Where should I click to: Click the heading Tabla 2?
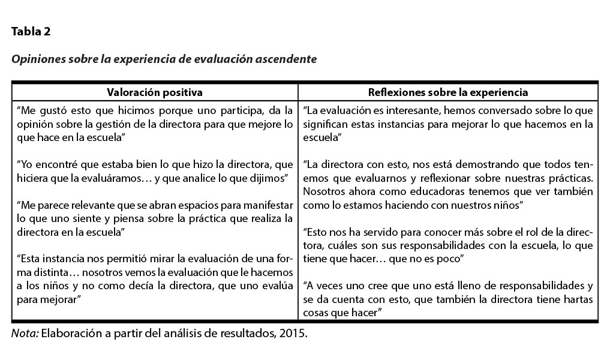[x=31, y=32]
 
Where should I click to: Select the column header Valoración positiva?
[x=154, y=92]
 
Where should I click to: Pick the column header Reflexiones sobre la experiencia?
[x=447, y=92]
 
